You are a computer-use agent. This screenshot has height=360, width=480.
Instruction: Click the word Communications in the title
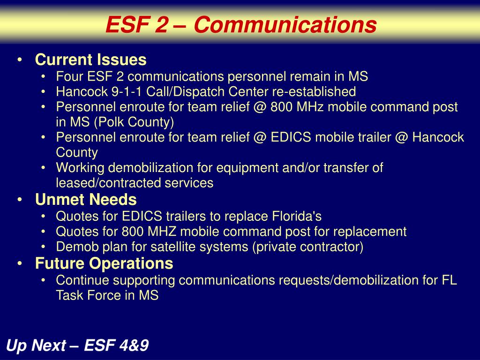point(285,24)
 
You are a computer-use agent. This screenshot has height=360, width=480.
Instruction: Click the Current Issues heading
point(90,60)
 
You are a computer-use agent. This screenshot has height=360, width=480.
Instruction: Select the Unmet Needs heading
point(86,200)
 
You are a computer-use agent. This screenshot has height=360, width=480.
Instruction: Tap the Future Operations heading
point(104,263)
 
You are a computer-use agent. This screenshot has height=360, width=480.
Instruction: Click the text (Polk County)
point(134,122)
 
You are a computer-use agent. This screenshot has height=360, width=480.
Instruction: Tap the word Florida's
point(297,216)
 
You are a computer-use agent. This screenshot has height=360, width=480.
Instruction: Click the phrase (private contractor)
point(307,247)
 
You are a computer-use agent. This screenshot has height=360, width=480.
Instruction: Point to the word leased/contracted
point(108,183)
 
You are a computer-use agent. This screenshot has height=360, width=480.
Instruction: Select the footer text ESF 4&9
point(116,345)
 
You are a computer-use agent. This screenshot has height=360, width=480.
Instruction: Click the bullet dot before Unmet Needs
point(20,200)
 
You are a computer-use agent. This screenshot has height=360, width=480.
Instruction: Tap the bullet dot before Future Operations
point(20,263)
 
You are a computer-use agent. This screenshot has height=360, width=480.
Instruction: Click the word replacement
point(369,232)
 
